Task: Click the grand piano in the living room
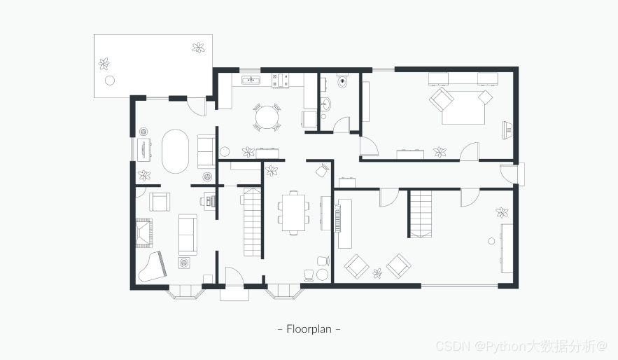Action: click(152, 267)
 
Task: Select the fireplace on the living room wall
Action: click(144, 233)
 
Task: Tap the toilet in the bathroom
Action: click(342, 81)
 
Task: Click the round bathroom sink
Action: click(326, 104)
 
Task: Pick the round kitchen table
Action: click(267, 117)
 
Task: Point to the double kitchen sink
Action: click(251, 81)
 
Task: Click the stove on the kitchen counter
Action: click(280, 81)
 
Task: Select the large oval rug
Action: click(176, 151)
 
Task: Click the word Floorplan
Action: click(309, 329)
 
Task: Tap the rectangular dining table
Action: click(294, 212)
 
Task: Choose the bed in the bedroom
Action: click(463, 107)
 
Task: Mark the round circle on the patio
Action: click(110, 81)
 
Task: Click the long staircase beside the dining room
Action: click(253, 222)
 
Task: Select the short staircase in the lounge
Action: click(421, 214)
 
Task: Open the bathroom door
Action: click(342, 125)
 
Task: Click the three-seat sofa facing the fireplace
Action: click(188, 235)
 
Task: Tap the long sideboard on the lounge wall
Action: click(507, 249)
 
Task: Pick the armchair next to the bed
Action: click(442, 99)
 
